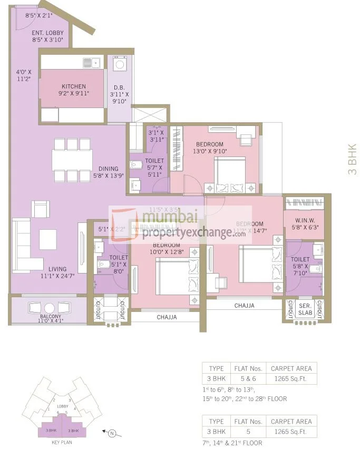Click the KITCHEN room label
[73, 86]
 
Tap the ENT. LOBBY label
[48, 32]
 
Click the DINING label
[108, 169]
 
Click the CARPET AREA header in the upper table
[290, 368]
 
